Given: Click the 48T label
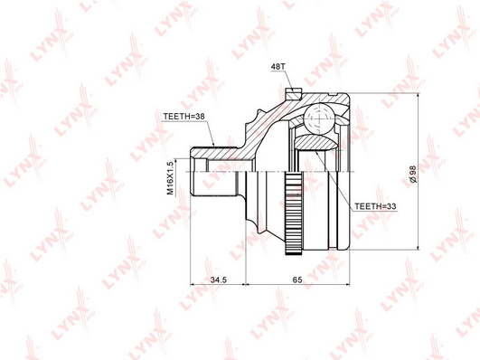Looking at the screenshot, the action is tap(278, 67).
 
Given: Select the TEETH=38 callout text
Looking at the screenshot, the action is tap(184, 117).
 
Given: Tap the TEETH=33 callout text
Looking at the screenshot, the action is tap(375, 206).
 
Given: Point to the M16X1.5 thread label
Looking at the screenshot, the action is tap(170, 178).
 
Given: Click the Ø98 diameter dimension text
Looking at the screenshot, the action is tap(413, 175).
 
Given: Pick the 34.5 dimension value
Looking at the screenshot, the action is tap(218, 279).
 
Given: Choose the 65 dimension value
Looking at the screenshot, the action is tap(297, 279).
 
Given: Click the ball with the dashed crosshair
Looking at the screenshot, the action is tap(319, 118).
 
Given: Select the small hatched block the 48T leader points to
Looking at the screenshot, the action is tap(293, 94).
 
